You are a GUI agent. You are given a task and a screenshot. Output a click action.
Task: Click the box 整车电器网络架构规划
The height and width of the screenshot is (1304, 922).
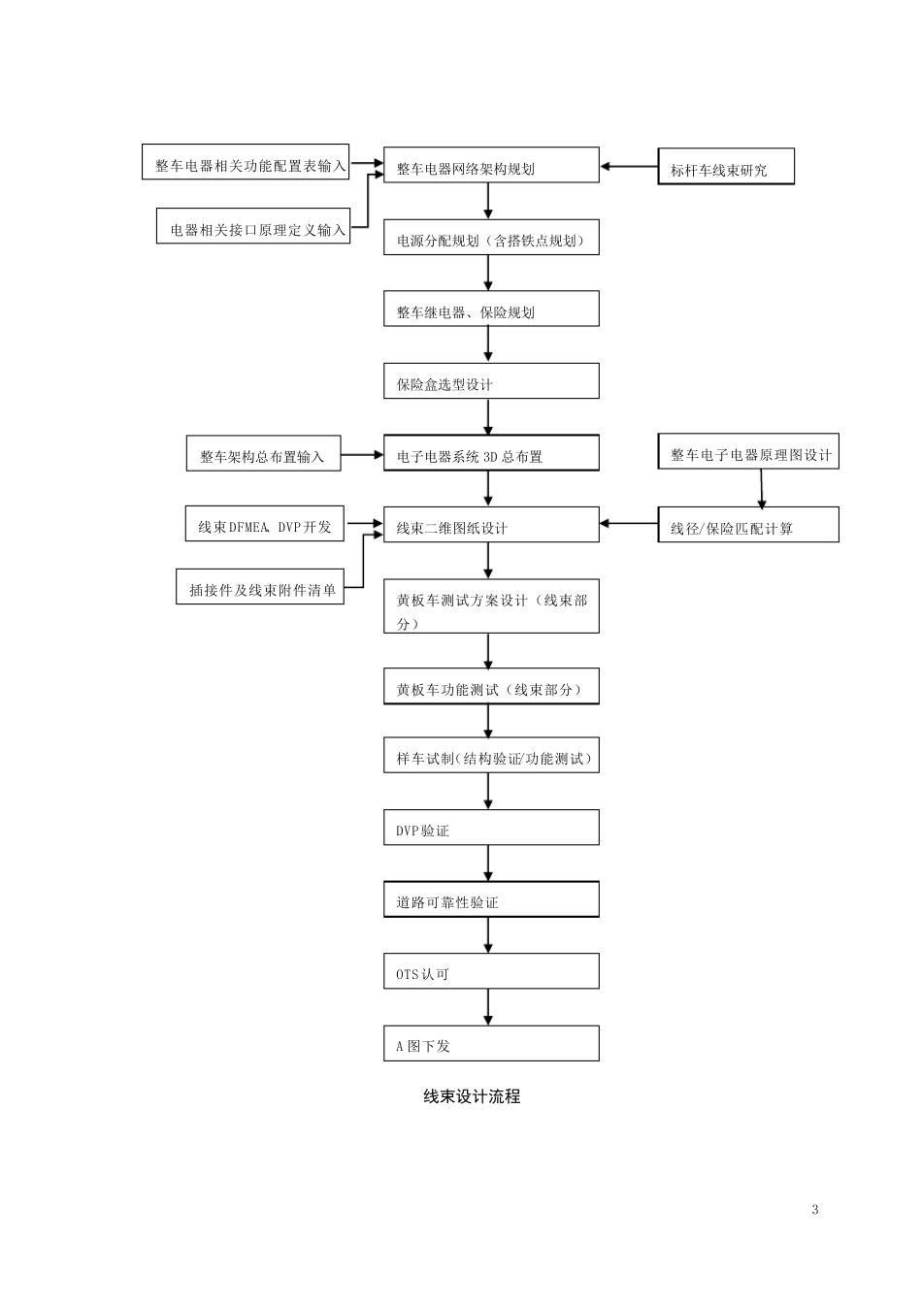[491, 165]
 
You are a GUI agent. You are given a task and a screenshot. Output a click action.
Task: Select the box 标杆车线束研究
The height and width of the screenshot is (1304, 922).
[726, 167]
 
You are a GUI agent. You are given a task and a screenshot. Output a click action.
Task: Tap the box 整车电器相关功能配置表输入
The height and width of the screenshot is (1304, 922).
[247, 162]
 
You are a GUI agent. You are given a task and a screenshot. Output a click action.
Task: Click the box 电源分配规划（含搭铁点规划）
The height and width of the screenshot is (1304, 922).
[491, 238]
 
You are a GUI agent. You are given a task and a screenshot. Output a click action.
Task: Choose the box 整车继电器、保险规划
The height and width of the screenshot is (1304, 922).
[491, 310]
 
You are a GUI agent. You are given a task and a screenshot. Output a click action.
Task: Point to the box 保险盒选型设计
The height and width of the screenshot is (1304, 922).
[491, 381]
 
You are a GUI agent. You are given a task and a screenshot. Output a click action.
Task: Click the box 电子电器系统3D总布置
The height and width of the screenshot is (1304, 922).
[491, 453]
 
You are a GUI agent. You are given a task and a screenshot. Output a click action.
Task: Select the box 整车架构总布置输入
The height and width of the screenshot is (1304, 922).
[263, 454]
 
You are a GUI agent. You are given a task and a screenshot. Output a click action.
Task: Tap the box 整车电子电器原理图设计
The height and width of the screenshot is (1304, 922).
[748, 452]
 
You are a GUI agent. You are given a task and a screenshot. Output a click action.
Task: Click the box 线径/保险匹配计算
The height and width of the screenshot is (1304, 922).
[748, 525]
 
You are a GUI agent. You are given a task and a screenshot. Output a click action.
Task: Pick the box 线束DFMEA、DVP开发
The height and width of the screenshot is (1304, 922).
[265, 524]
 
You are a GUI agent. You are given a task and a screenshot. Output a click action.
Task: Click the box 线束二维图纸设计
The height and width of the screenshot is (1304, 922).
[491, 525]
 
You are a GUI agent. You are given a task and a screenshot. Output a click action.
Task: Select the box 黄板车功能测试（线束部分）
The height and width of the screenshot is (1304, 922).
[491, 687]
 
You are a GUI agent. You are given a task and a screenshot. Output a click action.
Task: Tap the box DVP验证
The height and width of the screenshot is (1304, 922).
[491, 829]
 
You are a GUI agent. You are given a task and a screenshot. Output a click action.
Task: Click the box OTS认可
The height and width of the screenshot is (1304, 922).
[491, 971]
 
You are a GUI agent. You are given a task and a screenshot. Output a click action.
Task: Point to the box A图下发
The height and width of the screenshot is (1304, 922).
[491, 1044]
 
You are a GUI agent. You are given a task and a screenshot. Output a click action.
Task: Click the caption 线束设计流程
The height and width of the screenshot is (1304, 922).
[472, 1096]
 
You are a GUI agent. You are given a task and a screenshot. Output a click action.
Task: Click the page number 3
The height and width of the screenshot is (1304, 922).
[815, 1210]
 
